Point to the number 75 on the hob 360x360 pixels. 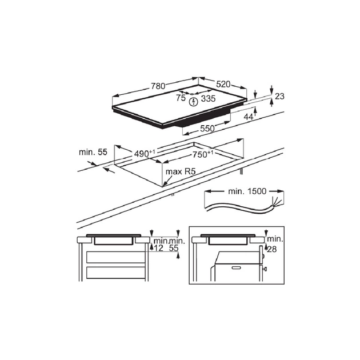click(181, 98)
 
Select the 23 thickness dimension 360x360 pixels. click(279, 97)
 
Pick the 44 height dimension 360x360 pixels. click(249, 117)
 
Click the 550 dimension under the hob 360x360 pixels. click(207, 129)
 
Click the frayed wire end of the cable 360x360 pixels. click(276, 202)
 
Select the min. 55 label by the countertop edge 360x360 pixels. click(94, 152)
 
